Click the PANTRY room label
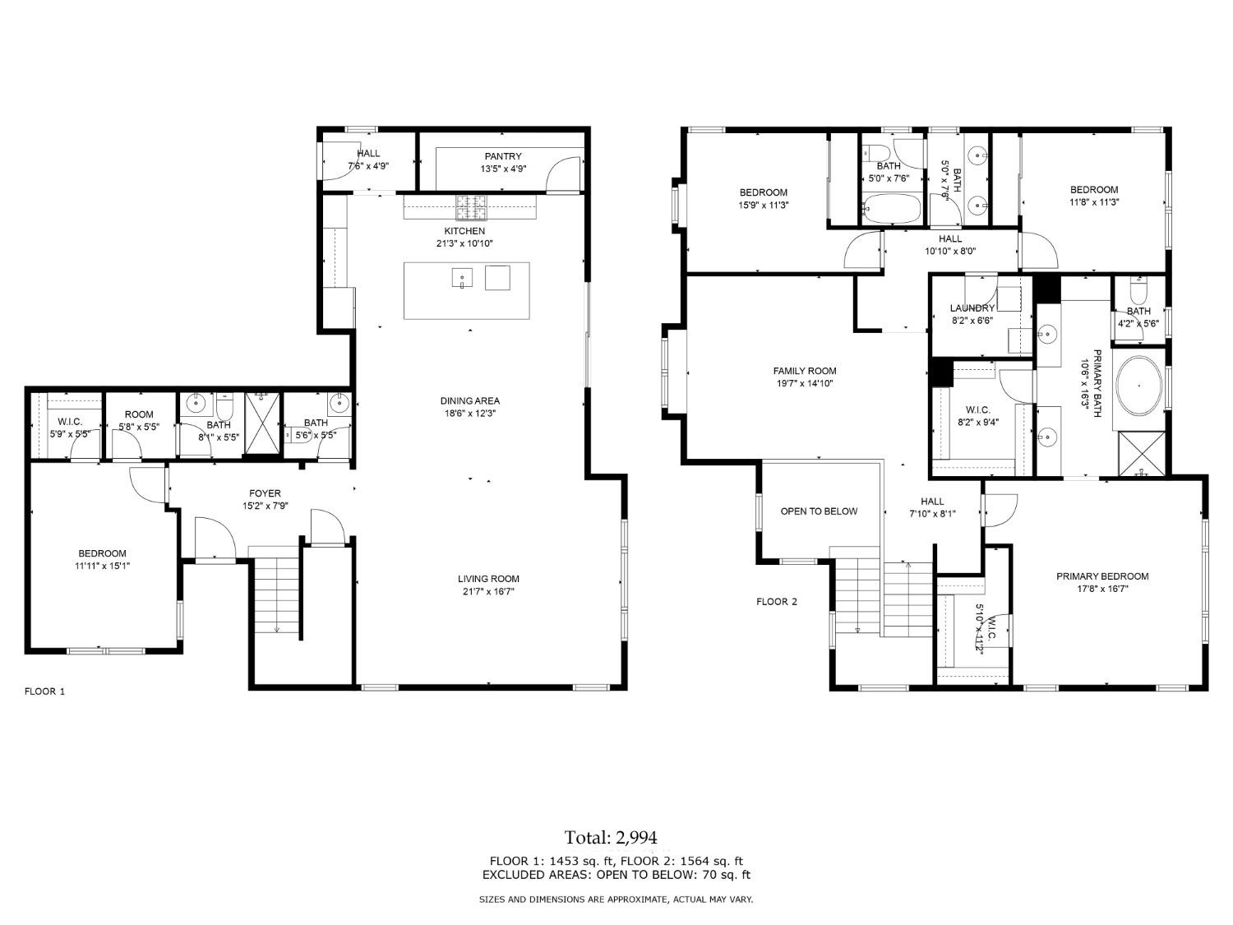502,156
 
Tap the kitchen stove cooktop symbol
472,207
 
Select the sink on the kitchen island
462,278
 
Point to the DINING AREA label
469,401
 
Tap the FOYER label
265,493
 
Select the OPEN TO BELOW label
818,511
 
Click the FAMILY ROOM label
804,371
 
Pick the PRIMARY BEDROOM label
1101,576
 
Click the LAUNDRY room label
972,308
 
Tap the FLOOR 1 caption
44,691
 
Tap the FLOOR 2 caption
777,602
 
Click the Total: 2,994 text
611,837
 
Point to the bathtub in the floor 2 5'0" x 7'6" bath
891,209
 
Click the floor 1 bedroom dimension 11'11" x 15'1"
103,566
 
